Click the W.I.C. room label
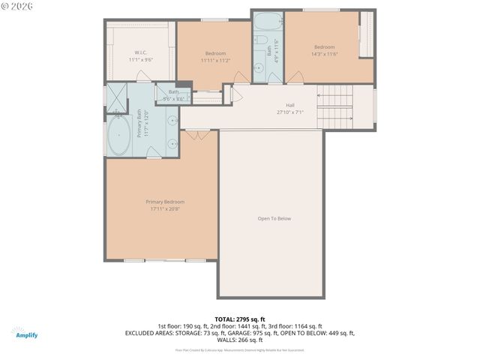coord(140,53)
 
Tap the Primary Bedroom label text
coord(165,202)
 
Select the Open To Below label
coord(274,218)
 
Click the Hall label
coord(289,105)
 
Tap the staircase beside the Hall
coord(335,107)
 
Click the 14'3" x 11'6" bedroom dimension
coord(325,53)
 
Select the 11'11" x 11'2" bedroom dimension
coord(215,60)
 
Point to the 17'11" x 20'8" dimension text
coord(165,208)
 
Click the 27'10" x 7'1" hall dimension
coord(289,112)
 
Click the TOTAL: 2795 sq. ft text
coord(240,319)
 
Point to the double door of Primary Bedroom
coord(196,134)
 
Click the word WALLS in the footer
coord(226,339)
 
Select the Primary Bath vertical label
coord(139,123)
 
